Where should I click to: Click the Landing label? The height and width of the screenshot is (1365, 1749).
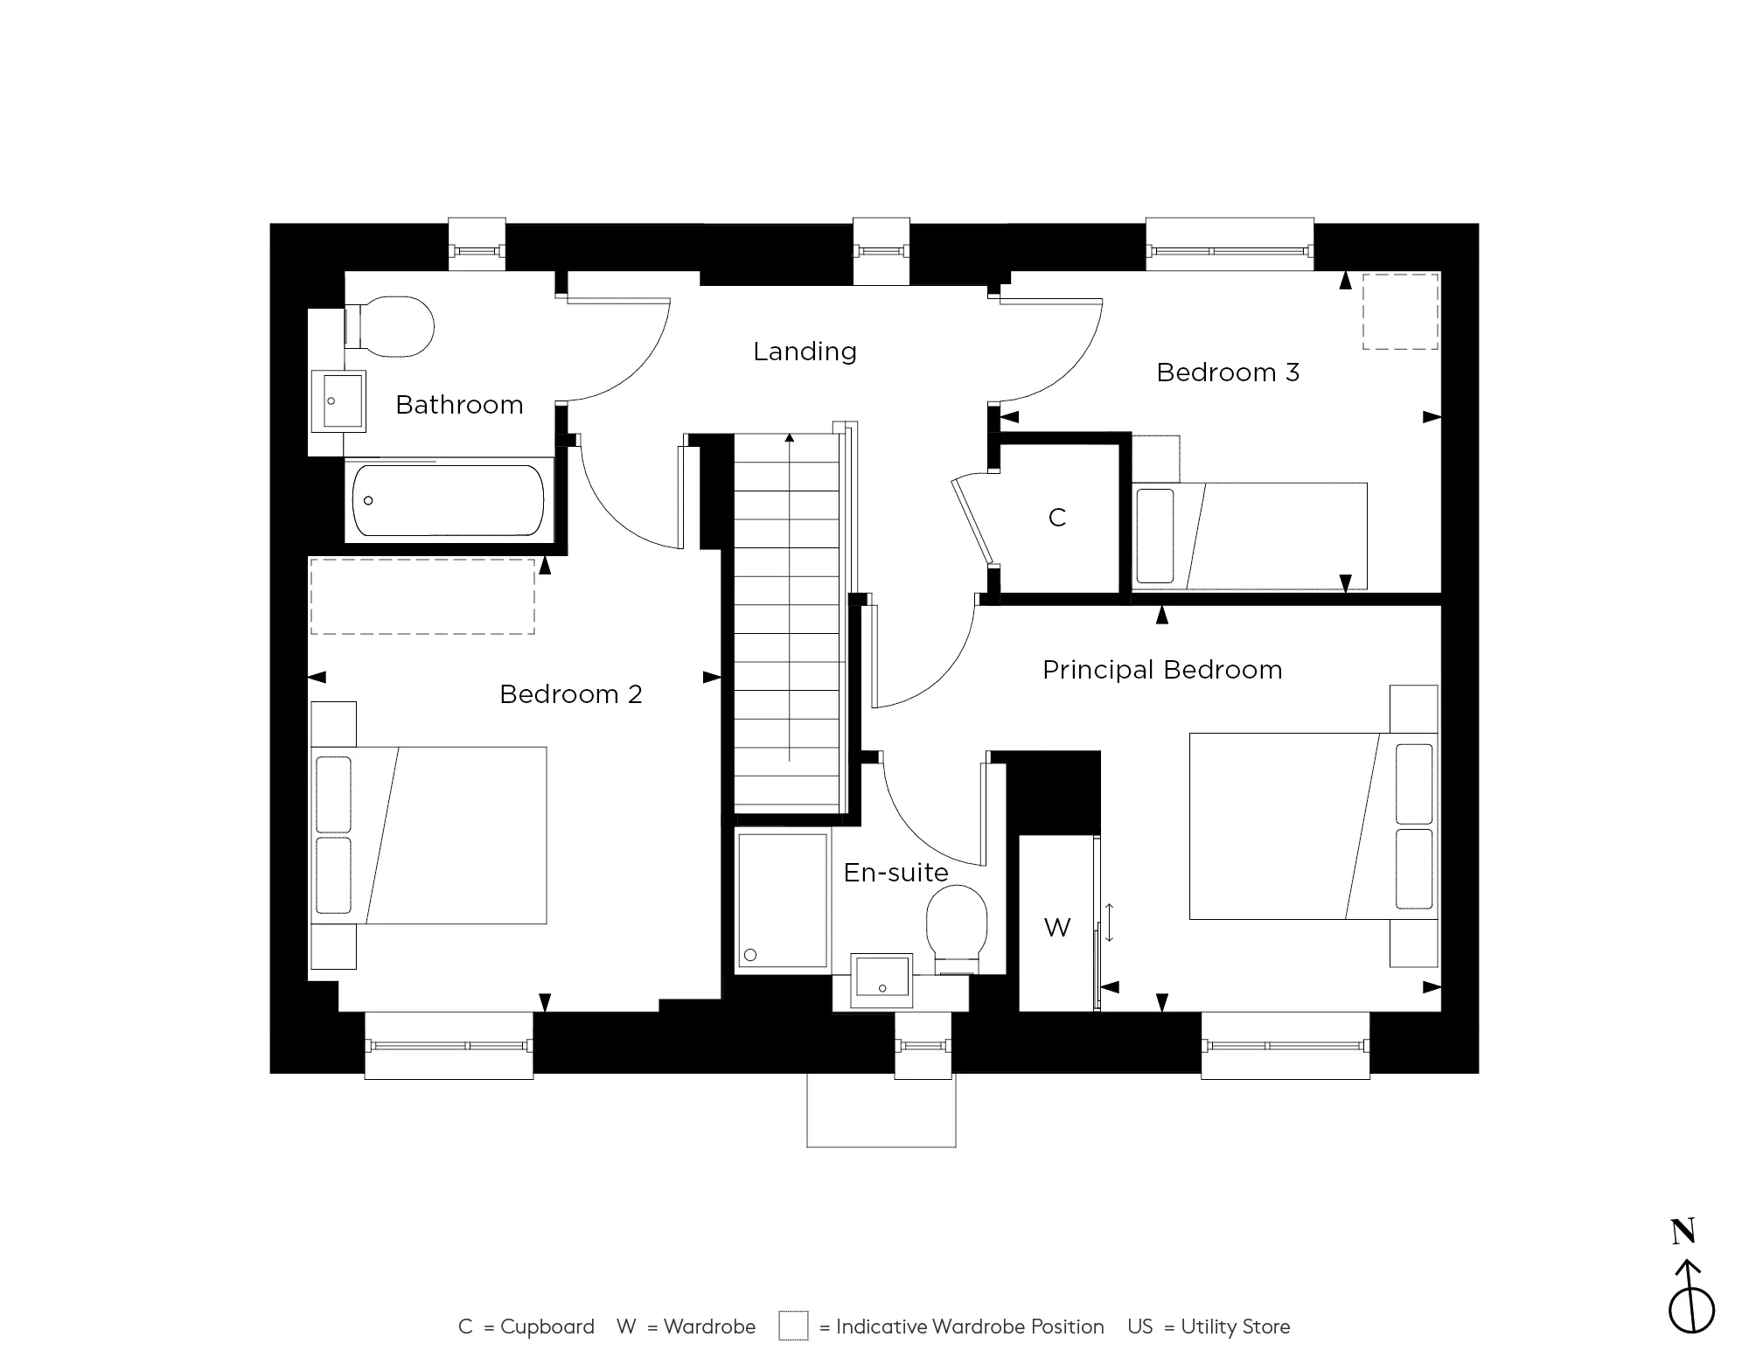[805, 352]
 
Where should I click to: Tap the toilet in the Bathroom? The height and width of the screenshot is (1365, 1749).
[394, 327]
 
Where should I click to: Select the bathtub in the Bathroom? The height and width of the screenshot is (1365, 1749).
[448, 500]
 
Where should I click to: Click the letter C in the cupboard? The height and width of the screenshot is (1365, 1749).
[1057, 518]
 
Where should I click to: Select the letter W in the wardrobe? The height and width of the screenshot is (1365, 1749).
[1057, 928]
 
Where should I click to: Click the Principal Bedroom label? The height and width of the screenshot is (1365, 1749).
[1162, 670]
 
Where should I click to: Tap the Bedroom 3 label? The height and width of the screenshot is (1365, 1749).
[1228, 373]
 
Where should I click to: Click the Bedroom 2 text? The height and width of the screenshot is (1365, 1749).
[571, 694]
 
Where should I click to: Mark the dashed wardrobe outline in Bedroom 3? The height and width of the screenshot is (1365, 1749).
[1400, 311]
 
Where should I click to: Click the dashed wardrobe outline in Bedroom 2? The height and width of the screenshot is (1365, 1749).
[422, 596]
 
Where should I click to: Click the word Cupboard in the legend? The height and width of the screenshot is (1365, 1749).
[547, 1327]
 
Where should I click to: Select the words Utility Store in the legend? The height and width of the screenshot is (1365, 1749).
[1236, 1327]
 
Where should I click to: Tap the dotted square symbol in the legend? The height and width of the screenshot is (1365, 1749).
[793, 1326]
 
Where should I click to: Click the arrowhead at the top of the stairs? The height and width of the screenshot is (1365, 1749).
[790, 438]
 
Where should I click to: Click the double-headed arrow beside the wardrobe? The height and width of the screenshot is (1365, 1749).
[1110, 922]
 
